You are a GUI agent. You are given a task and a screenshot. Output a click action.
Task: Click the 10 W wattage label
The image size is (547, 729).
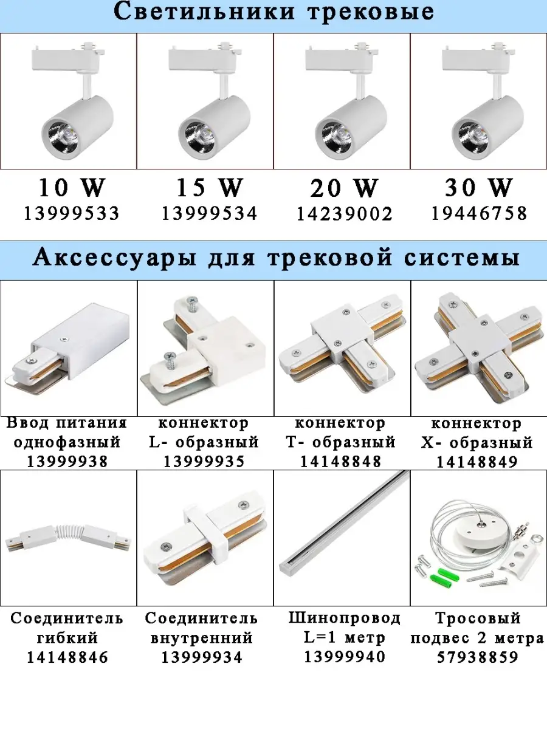[72, 188]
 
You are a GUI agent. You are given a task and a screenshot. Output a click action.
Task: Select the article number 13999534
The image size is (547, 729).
[209, 214]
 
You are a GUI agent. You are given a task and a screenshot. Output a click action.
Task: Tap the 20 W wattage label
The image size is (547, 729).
[345, 188]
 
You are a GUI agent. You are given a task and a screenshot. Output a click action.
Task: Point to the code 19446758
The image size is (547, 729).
[480, 214]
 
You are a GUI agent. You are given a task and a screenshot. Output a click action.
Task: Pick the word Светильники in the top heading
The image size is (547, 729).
[204, 12]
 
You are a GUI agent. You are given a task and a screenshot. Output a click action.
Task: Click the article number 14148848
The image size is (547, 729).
[341, 462]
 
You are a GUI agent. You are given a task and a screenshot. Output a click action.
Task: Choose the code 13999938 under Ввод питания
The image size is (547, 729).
[67, 462]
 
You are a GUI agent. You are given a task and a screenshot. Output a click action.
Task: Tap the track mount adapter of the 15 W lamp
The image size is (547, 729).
[205, 57]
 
